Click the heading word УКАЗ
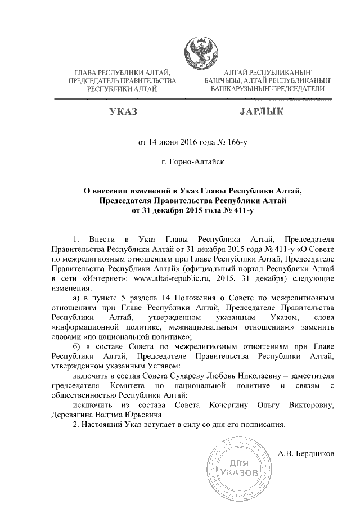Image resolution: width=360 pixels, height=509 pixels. [x=123, y=113]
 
